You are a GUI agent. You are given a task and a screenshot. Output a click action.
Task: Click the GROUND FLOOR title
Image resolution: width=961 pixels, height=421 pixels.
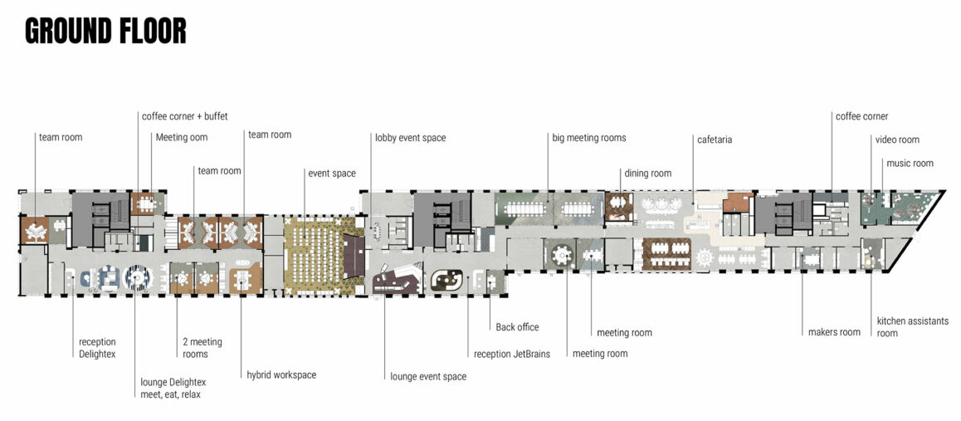[x=105, y=32]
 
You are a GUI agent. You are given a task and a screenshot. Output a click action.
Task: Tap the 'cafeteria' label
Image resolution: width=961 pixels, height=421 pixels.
[x=715, y=140]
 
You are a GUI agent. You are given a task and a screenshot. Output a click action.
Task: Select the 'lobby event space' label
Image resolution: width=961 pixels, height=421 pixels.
[x=411, y=138]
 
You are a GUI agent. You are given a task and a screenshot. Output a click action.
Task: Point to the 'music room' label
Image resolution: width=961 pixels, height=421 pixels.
[x=910, y=163]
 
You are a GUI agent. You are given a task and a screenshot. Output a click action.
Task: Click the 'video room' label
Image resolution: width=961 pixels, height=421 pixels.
[x=897, y=140]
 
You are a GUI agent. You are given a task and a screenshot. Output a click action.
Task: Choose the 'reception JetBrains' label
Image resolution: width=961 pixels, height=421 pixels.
[x=512, y=354]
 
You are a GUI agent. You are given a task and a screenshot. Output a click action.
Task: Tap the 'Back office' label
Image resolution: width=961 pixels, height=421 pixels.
[x=517, y=327]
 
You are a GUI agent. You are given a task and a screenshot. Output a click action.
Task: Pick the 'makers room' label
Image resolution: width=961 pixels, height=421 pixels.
[x=833, y=332]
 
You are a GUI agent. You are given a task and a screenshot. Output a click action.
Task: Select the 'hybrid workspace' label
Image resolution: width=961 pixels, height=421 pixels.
[x=281, y=374]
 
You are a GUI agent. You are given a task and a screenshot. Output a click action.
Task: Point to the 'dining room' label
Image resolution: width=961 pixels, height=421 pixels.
[x=648, y=174]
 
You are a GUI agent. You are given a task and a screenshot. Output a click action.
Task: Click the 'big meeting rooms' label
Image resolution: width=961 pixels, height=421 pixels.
[x=589, y=138]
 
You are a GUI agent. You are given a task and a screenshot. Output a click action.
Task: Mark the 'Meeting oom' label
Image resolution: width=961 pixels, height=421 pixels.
[x=182, y=137]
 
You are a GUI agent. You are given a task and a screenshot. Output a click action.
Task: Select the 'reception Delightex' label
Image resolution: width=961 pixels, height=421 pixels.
[x=97, y=348]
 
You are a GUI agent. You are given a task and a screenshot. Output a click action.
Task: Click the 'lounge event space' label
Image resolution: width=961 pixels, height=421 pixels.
[x=428, y=376]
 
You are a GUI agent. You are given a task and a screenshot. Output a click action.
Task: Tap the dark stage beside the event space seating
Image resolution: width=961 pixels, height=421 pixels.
[x=354, y=256]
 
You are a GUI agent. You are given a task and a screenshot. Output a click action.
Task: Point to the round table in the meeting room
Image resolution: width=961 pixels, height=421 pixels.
[x=561, y=254]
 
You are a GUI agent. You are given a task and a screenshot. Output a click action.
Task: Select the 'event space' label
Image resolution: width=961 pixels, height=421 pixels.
[x=332, y=174]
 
